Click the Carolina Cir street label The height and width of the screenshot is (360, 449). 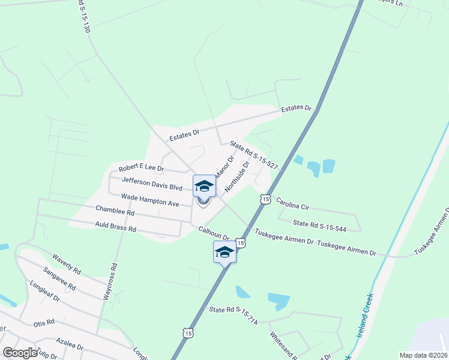292,206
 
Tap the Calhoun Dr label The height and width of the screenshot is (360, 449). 214,233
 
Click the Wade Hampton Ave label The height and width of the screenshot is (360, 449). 150,200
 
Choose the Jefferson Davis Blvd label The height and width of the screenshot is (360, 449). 151,184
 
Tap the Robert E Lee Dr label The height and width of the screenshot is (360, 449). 142,169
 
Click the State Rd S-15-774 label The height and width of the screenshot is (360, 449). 234,314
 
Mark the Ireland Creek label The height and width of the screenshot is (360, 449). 365,316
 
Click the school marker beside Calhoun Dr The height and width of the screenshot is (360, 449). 225,252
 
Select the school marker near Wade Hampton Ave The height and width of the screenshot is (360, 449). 204,185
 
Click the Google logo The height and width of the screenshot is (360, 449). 19,353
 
